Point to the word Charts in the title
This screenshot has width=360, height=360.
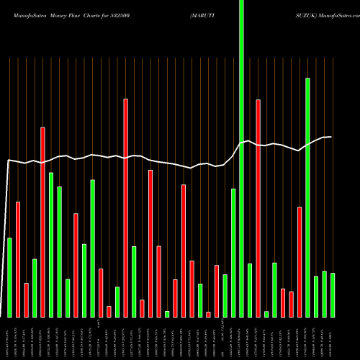pyautogui.click(x=101, y=14)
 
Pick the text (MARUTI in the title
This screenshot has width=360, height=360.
pyautogui.click(x=207, y=14)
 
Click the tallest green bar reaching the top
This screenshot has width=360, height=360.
pyautogui.click(x=241, y=158)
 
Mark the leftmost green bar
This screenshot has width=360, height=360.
pyautogui.click(x=9, y=277)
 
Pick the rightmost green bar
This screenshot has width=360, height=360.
pyautogui.click(x=333, y=295)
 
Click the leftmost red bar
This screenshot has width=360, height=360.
pyautogui.click(x=18, y=259)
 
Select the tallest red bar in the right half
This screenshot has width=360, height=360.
pyautogui.click(x=258, y=209)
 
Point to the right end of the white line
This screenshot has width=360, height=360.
pyautogui.click(x=330, y=137)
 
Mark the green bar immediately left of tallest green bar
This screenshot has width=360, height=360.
pyautogui.click(x=233, y=253)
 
